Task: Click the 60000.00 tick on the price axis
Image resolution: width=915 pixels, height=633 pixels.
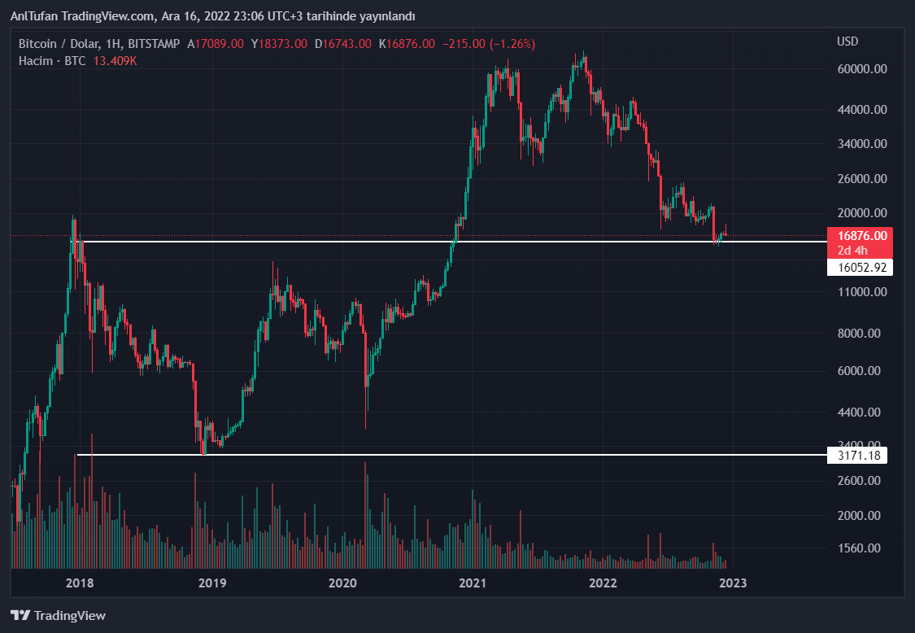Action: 861,69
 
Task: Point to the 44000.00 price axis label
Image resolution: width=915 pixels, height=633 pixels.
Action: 861,109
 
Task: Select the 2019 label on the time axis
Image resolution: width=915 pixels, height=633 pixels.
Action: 211,583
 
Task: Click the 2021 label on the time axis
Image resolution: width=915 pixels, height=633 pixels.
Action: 473,583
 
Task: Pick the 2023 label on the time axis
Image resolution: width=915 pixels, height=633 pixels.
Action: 734,583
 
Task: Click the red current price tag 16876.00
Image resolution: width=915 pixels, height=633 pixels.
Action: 856,235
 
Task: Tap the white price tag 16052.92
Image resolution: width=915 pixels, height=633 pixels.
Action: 856,267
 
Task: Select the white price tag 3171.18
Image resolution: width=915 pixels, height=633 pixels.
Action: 856,455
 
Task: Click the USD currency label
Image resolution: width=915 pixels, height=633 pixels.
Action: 847,41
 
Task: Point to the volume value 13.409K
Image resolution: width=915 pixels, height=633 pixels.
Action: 115,61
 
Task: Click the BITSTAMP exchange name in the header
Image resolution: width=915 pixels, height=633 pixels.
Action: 154,44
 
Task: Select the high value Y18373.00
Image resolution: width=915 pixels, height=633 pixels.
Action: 279,44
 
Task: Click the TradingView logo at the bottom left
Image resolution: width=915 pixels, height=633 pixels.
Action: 58,616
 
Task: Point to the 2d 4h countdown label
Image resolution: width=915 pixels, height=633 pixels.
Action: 852,251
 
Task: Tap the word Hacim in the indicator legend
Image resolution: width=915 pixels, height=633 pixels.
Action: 36,61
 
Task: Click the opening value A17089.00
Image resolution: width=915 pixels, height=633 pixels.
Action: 216,44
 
